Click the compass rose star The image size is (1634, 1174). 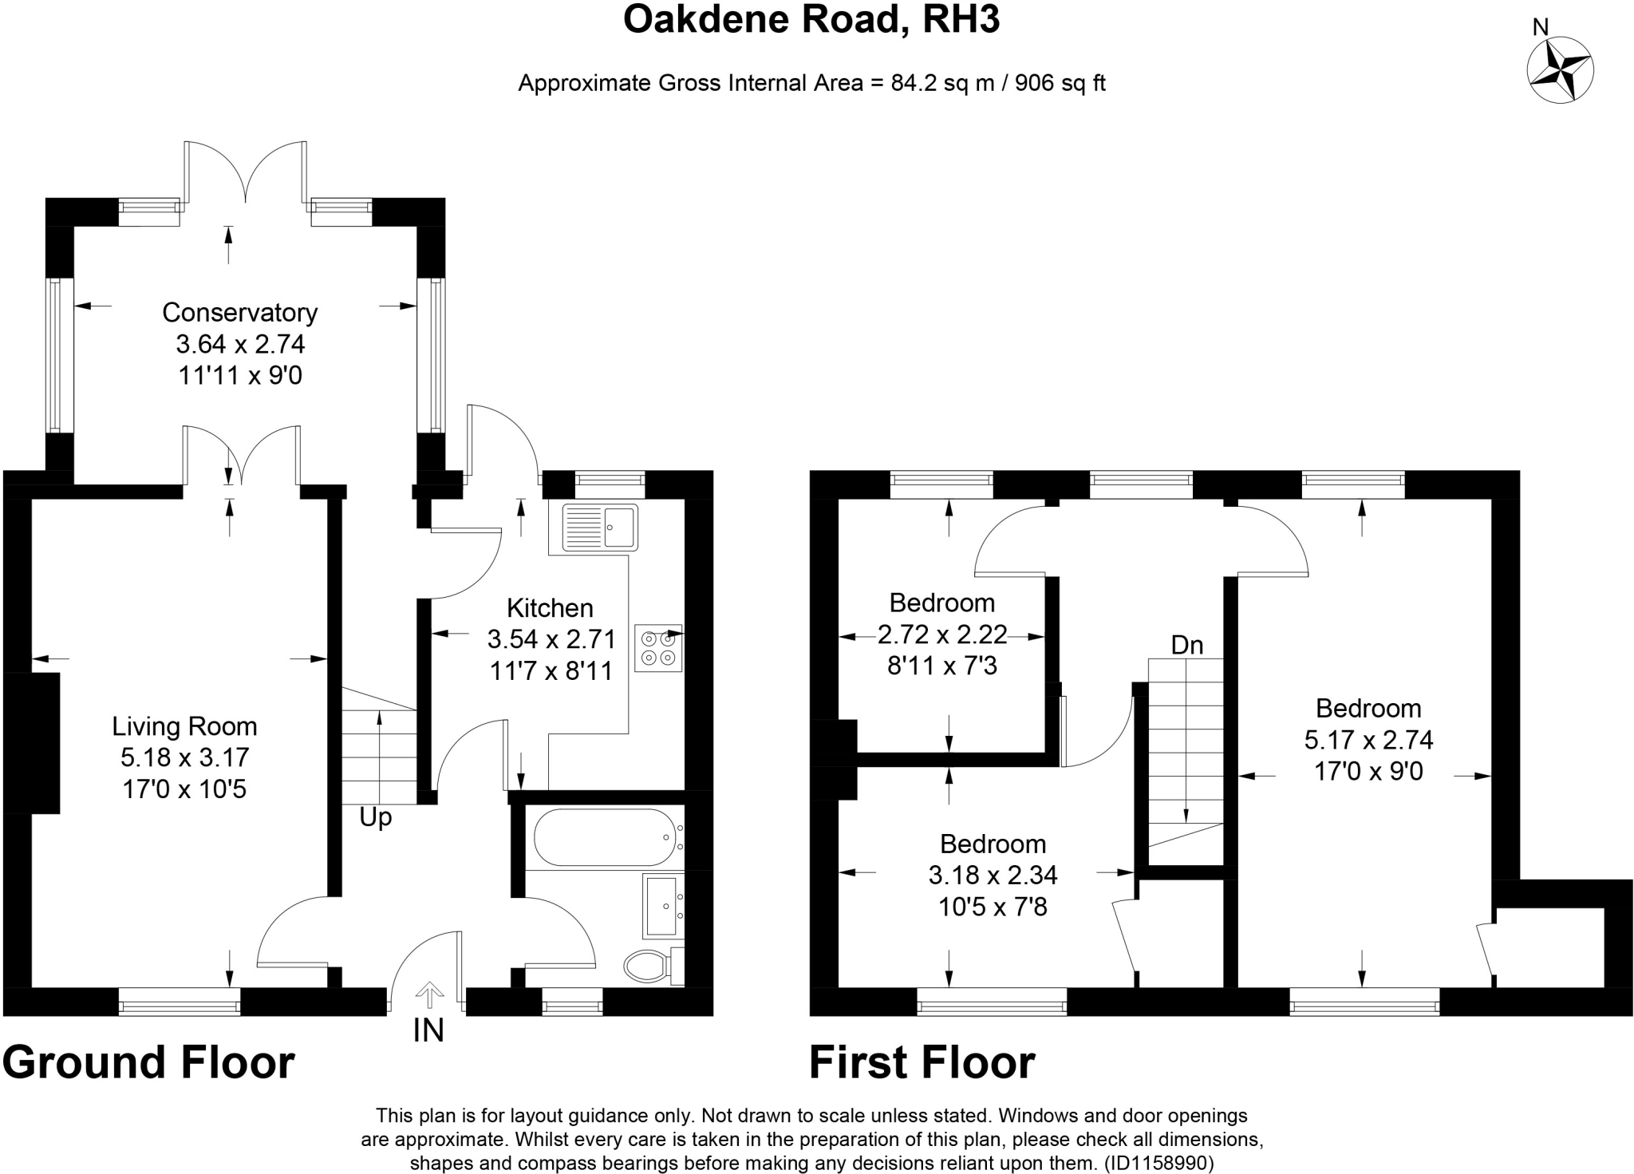[1560, 70]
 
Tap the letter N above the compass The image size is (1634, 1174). [1541, 28]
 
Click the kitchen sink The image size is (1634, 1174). [600, 527]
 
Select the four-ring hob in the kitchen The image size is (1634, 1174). [658, 648]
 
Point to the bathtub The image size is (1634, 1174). [605, 837]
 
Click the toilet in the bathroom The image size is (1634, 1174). [650, 966]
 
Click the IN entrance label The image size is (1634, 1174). [428, 1031]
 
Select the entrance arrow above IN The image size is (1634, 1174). [429, 994]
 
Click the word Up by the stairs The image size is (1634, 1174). [375, 817]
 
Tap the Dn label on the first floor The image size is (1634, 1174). [1186, 645]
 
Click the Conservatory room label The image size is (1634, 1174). [239, 312]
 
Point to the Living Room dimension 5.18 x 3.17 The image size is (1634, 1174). [184, 757]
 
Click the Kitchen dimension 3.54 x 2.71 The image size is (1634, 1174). [551, 639]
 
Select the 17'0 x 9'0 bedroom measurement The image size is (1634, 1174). [1368, 772]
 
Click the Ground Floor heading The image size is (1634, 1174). [149, 1062]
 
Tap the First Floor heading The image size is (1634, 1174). [922, 1062]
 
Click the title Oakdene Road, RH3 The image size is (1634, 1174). [811, 20]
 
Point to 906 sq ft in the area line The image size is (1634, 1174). [1060, 83]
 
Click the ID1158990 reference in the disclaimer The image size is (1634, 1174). [1160, 1163]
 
